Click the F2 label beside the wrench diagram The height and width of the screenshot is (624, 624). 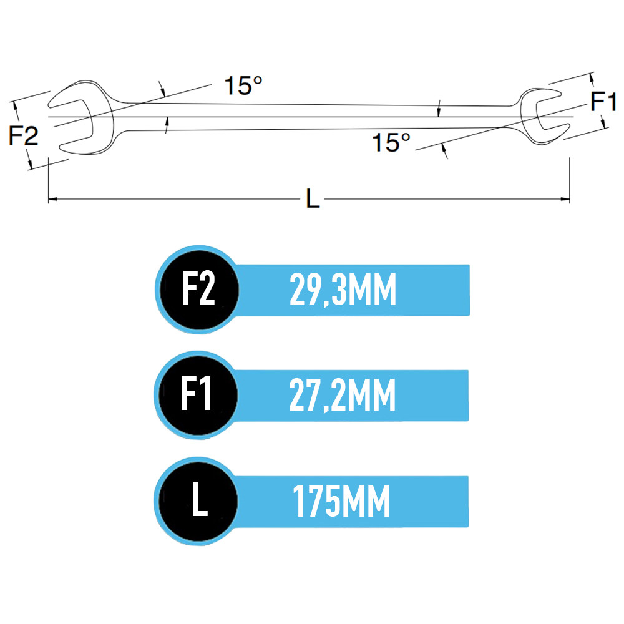[x=24, y=135]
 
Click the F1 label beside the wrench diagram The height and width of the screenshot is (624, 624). [x=603, y=101]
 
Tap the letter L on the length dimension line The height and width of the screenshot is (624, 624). [x=313, y=198]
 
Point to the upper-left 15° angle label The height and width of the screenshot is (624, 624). [x=243, y=85]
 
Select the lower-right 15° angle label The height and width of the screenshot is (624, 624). [x=391, y=142]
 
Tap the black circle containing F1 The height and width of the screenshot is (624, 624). [x=198, y=395]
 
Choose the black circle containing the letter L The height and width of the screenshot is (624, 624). [x=198, y=501]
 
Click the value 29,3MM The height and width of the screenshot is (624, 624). [x=343, y=290]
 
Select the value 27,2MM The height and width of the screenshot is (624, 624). [x=342, y=395]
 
